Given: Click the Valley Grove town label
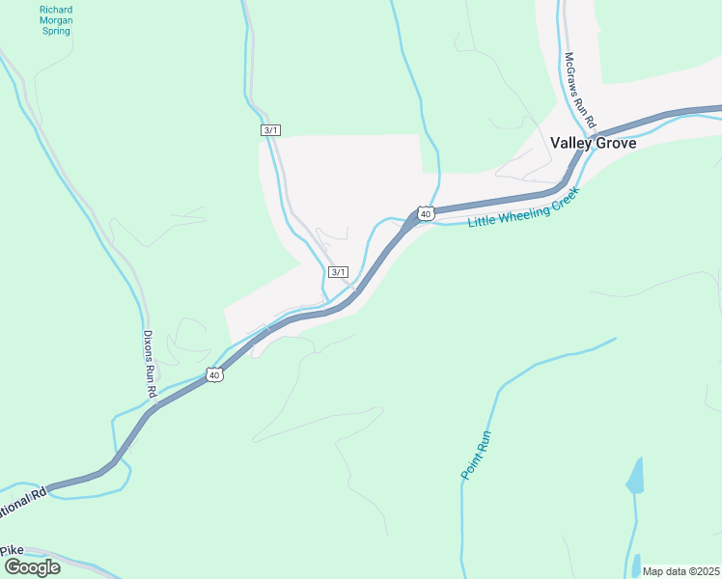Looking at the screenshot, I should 593,143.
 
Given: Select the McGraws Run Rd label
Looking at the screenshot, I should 581,93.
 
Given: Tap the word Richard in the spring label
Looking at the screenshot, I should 56,10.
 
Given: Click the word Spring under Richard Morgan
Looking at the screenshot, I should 56,31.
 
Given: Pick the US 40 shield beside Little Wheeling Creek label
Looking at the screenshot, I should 425,212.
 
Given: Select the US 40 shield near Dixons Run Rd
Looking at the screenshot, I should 214,374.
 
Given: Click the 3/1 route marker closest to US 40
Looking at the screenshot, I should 338,272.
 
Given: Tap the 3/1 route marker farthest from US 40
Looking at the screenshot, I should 270,130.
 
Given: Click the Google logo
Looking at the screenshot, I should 31,566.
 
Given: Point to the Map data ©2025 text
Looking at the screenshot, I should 680,571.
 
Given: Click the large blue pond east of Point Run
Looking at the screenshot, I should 634,476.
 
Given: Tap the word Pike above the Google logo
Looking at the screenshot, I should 12,550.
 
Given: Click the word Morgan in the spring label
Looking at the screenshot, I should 56,20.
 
